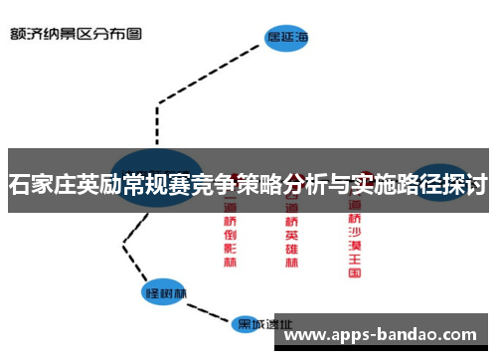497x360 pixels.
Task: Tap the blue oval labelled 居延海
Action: tap(286, 39)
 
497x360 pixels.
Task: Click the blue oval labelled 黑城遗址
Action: tap(261, 325)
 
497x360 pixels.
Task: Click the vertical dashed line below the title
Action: tap(159, 124)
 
